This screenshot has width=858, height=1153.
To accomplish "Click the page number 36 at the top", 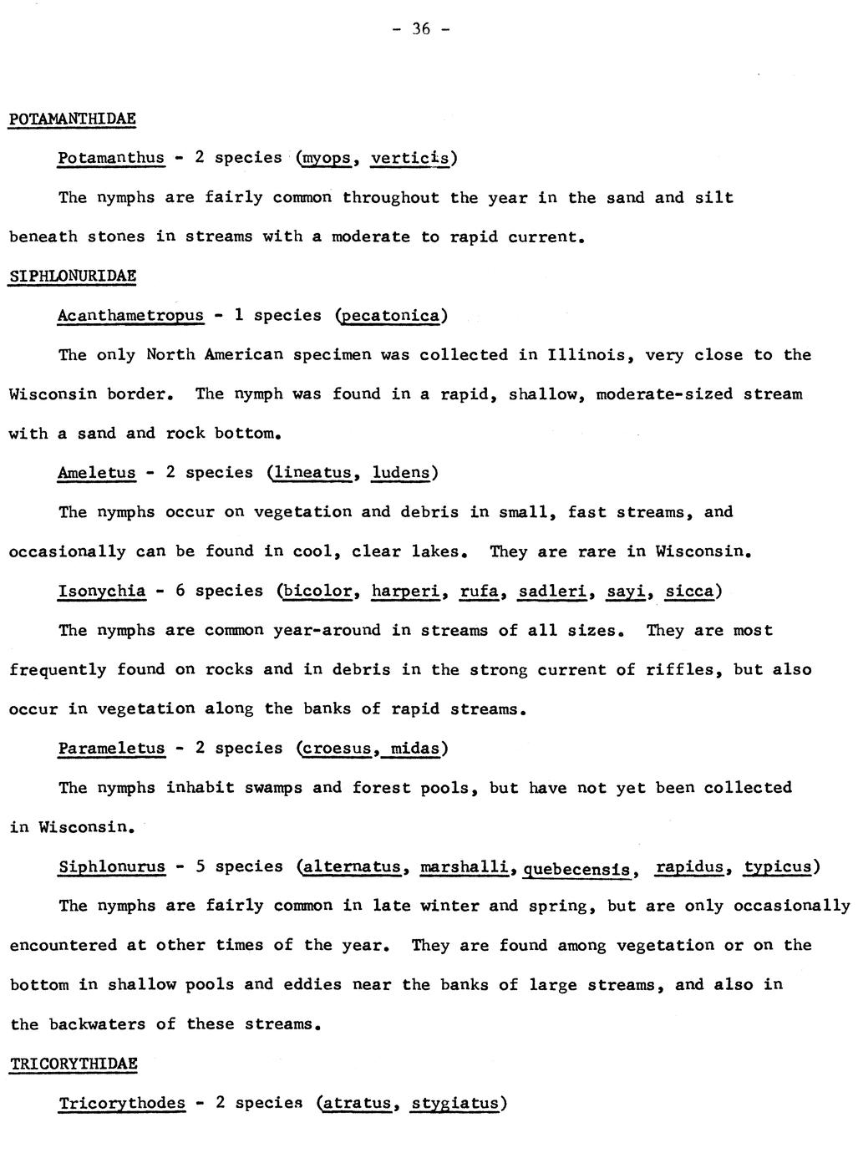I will [420, 29].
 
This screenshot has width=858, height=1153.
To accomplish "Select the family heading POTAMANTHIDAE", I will [72, 119].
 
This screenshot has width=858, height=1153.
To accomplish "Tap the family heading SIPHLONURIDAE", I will [72, 276].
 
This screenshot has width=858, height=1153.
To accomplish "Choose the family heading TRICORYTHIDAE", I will [73, 1064].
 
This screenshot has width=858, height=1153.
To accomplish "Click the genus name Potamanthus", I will [111, 158].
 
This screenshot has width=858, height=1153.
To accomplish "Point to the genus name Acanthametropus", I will [130, 315].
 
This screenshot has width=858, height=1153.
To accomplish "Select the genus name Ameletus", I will [96, 473].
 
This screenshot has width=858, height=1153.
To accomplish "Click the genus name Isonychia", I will [101, 592].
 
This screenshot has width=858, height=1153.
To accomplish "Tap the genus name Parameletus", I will [111, 749].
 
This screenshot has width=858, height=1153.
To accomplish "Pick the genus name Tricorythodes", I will [122, 1103].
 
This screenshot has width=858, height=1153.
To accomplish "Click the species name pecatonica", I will [391, 316].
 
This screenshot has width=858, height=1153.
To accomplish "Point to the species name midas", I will [414, 749].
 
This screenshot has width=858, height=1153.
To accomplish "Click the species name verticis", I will [410, 158].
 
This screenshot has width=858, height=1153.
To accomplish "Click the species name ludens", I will [401, 473].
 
